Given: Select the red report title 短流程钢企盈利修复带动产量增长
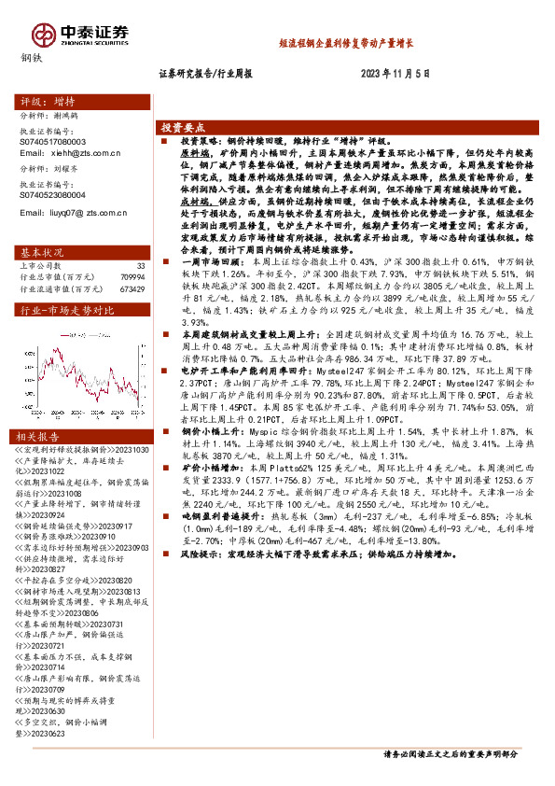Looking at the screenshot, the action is coord(346,43).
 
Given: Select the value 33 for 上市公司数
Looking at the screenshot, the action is coord(141,266).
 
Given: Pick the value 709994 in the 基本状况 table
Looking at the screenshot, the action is coord(132,277).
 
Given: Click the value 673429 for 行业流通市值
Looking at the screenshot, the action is coord(132,288).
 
